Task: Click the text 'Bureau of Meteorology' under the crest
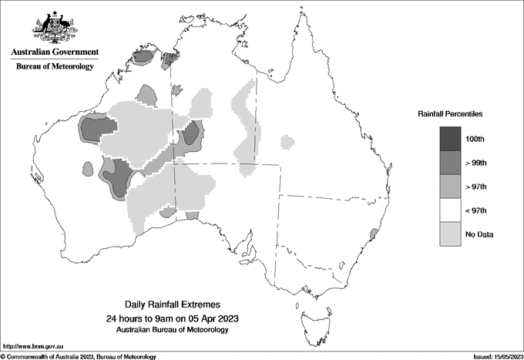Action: click(54, 66)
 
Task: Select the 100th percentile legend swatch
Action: click(452, 139)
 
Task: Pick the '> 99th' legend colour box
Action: click(452, 163)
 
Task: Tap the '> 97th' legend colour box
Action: click(452, 187)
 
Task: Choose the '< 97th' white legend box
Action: click(452, 210)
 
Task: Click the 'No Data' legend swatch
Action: click(452, 234)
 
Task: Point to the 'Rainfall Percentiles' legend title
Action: click(450, 113)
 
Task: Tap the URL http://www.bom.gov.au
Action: click(30, 346)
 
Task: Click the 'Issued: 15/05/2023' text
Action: click(492, 356)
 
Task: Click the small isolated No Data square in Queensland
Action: click(287, 141)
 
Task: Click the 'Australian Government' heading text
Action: click(54, 52)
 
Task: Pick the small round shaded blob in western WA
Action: click(88, 168)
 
